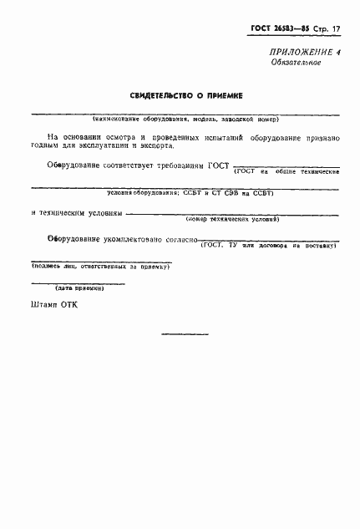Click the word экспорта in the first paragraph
point(153,145)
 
